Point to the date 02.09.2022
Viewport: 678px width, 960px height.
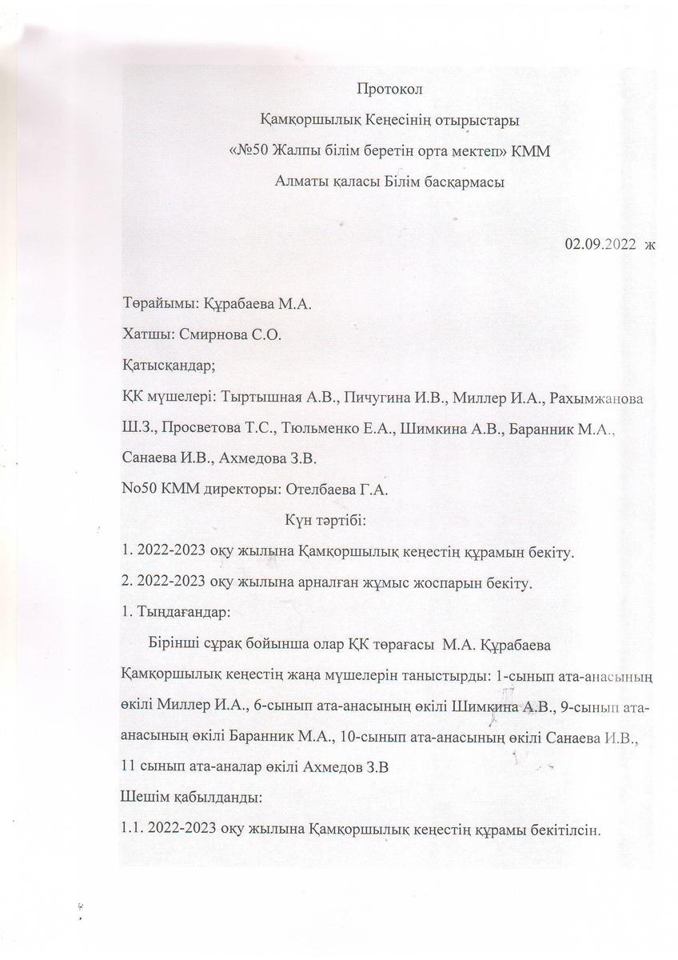click(x=599, y=244)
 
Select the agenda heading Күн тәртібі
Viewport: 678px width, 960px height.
click(x=325, y=521)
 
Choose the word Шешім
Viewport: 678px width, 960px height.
click(x=140, y=798)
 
